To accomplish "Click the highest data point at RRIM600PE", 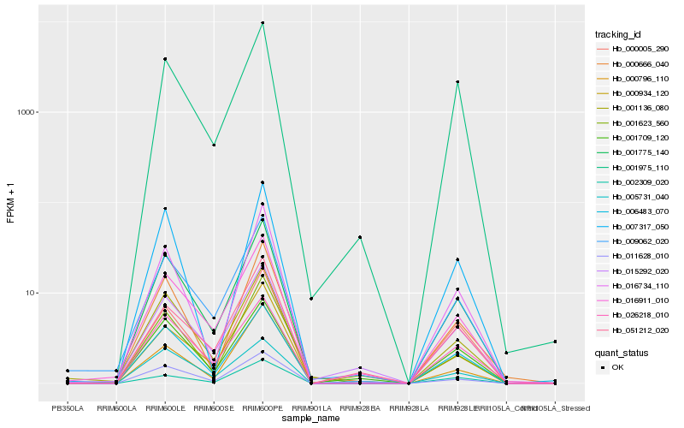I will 262,23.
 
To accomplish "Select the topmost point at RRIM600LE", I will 165,59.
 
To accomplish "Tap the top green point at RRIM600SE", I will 214,146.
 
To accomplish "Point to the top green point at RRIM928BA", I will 360,237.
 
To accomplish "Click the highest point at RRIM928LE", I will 457,82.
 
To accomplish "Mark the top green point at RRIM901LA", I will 311,299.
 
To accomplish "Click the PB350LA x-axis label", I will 68,408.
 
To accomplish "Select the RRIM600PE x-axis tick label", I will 262,408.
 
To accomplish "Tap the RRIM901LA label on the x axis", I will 311,408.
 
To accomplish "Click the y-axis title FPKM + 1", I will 10,203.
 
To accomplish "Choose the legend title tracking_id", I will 618,34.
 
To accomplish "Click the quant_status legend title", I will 622,352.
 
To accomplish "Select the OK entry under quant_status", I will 617,367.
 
